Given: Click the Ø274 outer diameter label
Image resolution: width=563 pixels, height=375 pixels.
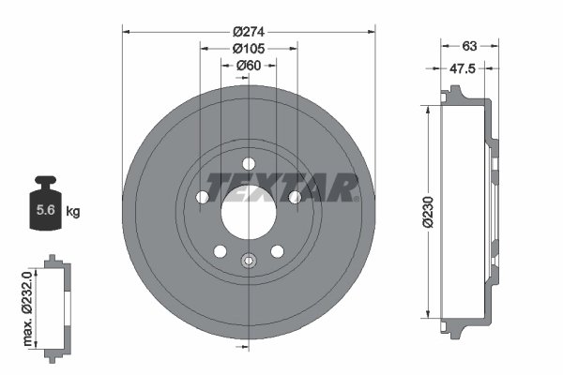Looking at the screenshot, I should pos(249,28).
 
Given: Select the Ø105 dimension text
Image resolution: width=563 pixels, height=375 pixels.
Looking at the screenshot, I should pos(249,47).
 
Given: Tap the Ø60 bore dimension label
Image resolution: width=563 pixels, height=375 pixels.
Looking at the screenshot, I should pos(249,65).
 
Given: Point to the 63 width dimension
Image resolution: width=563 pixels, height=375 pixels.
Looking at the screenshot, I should pos(470,45).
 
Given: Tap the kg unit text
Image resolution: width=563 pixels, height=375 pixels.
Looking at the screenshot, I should pos(72,212).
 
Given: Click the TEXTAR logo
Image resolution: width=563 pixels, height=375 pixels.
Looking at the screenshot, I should pos(281,187).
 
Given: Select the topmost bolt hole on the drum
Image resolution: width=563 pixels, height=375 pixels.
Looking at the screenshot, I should pos(249,164).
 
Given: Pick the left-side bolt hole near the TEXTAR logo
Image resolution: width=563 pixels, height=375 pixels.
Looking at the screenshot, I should pos(202,197).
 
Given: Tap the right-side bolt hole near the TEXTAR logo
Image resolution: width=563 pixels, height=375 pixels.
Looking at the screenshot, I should pos(295,197).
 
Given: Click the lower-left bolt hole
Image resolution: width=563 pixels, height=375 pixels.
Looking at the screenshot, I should pos(220,251).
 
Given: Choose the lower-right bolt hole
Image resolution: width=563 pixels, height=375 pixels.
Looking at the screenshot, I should pos(278,251).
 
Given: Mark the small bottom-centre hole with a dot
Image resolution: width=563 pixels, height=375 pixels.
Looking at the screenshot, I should pos(249,261).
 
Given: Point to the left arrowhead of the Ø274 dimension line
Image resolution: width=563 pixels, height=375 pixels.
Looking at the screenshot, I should pos(126,33).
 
